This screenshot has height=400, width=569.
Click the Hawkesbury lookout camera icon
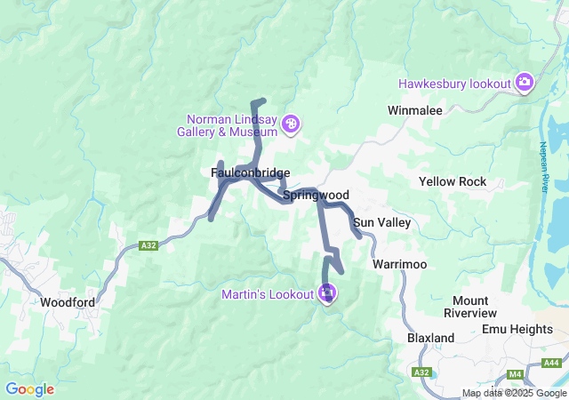[x=525, y=84]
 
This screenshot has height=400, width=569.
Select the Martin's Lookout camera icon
[x=327, y=293]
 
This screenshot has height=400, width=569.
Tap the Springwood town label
[x=316, y=195]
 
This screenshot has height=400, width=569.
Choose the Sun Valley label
[x=381, y=222]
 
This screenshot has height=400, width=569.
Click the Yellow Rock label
[x=453, y=181]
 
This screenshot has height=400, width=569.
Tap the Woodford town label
[x=68, y=302]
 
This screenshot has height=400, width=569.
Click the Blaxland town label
[x=430, y=338]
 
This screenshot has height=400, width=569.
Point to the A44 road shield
[x=551, y=362]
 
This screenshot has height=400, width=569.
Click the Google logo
[x=29, y=389]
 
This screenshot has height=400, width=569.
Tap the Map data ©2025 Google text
[x=514, y=394]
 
